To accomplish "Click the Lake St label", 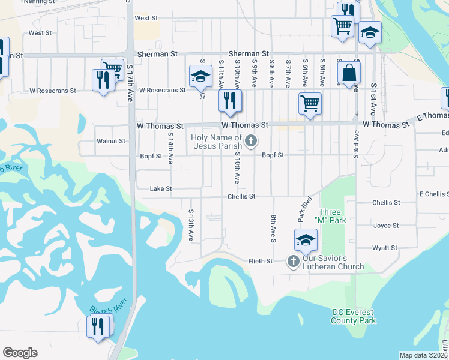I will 160,189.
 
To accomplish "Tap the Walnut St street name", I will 110,142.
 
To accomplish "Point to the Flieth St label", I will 261,261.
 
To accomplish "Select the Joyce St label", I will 386,226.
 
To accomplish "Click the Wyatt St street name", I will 385,248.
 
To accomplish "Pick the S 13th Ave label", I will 191,225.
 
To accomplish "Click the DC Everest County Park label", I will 354,316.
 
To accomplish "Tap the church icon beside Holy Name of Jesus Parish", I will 251,142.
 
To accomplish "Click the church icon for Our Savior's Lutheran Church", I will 293,261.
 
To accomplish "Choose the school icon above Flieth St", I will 306,239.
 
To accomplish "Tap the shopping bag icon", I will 349,73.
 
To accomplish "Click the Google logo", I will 20,353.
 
